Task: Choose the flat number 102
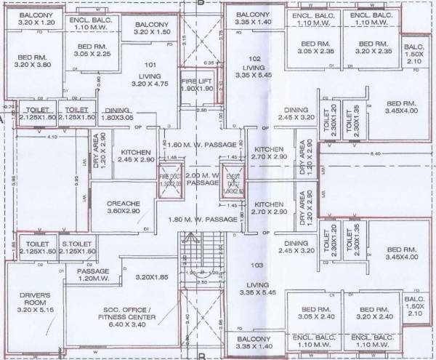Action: click(x=254, y=57)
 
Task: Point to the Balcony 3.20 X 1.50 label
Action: click(x=152, y=28)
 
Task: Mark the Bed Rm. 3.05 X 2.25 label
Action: click(x=92, y=49)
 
